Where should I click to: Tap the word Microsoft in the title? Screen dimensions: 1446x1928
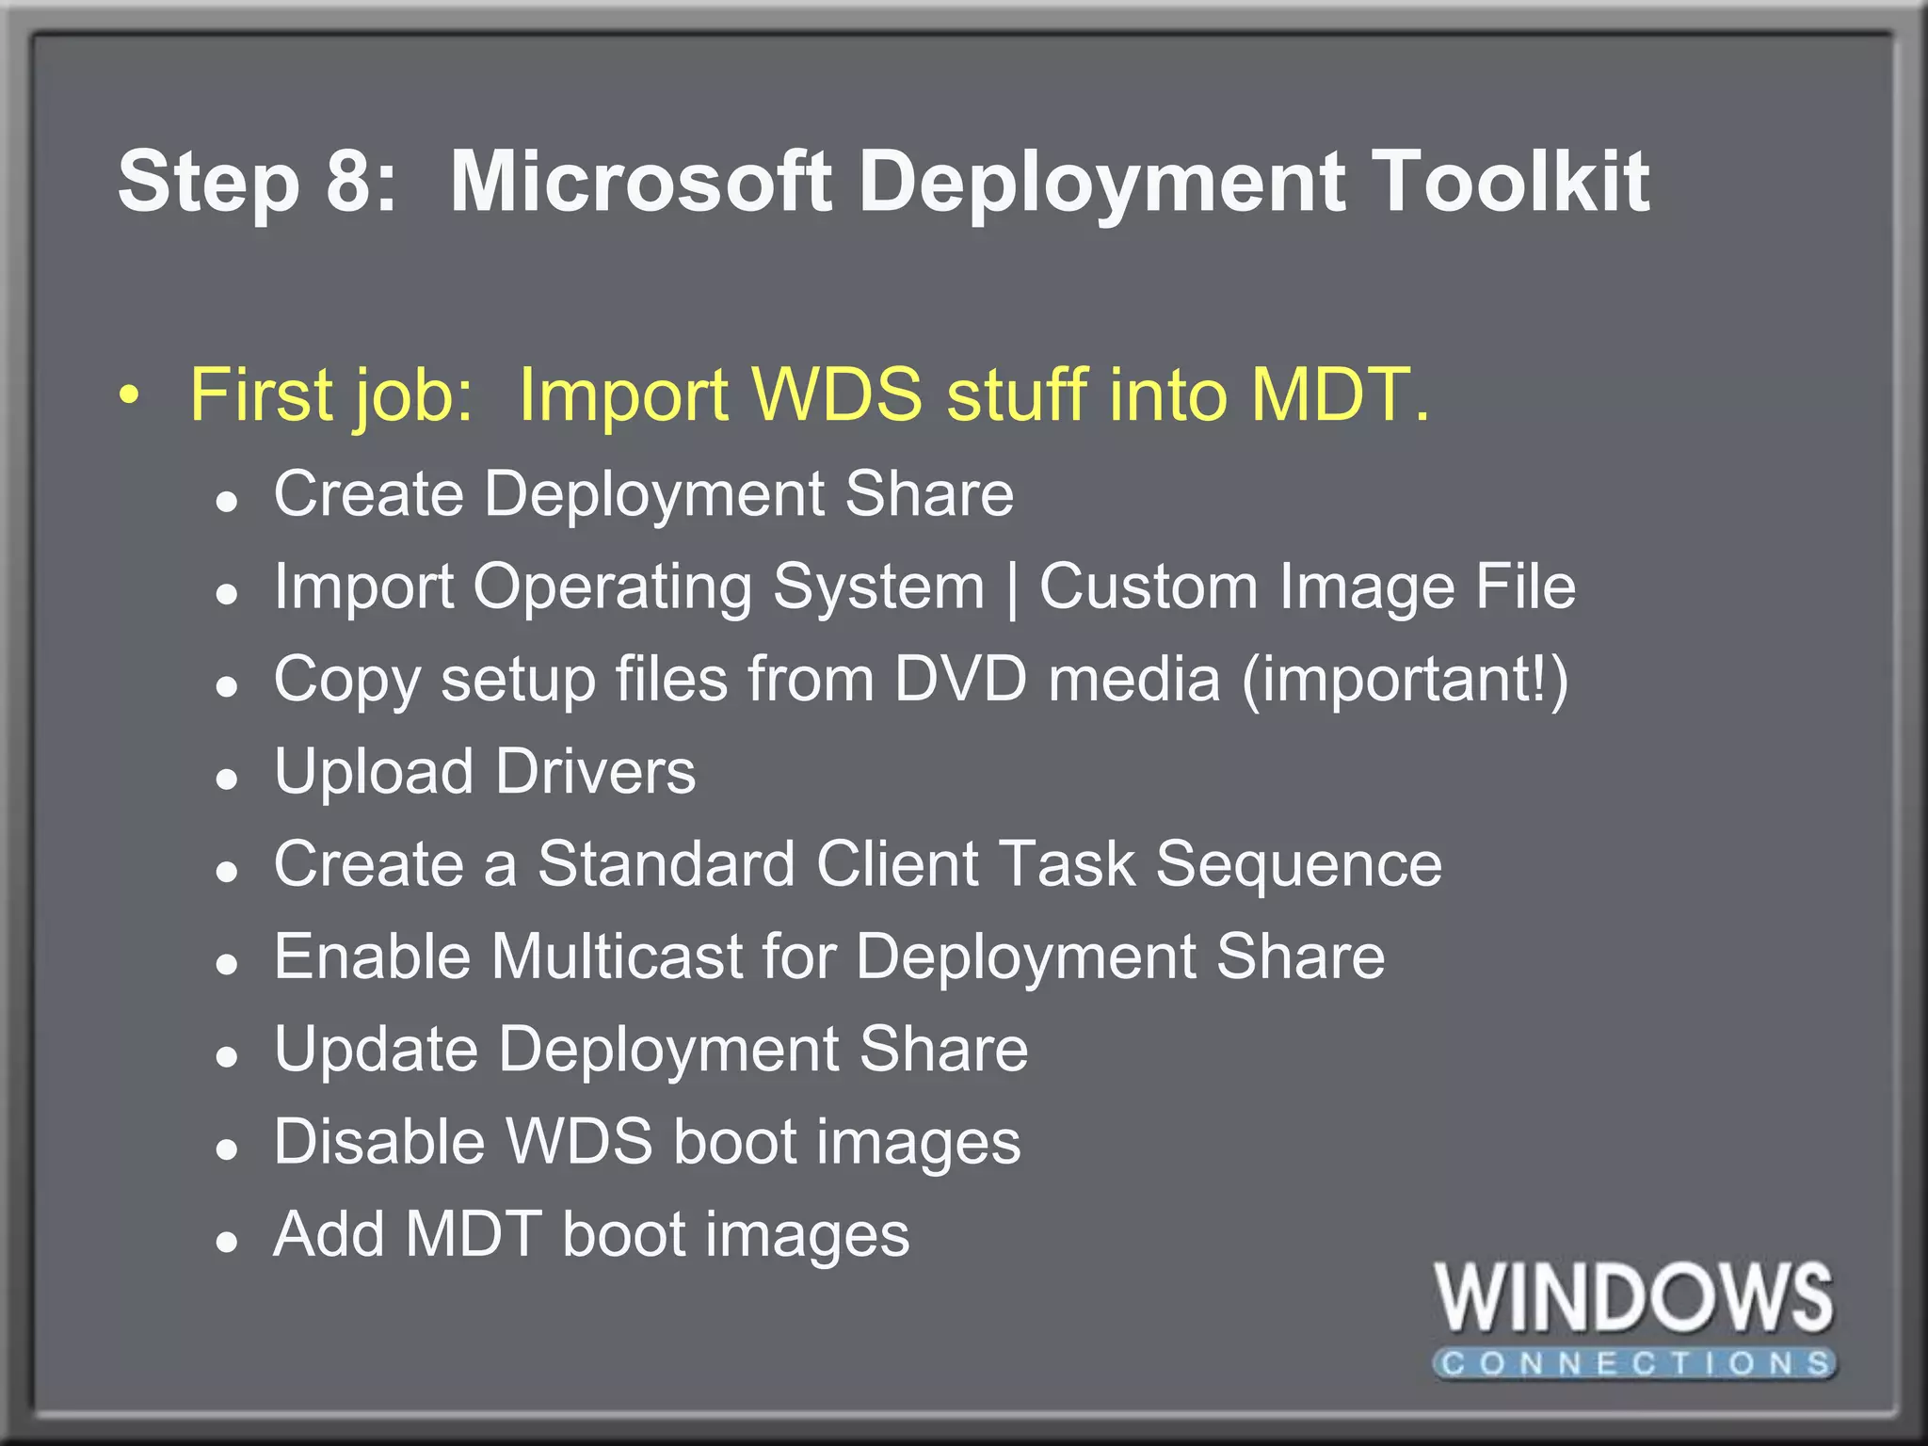640,181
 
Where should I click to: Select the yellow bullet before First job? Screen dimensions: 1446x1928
130,394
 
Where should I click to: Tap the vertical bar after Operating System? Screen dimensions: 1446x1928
1012,589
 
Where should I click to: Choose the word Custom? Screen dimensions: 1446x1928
1149,586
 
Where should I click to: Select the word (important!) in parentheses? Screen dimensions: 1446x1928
1405,680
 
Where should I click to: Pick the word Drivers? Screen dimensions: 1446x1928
596,771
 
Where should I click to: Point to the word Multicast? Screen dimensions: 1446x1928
617,956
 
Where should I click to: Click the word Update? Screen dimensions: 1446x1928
377,1050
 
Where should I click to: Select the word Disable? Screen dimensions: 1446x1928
380,1141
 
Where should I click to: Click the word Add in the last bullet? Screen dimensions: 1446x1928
329,1233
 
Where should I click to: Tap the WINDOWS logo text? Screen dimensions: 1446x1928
1634,1299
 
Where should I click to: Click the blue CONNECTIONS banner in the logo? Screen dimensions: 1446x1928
1634,1363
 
